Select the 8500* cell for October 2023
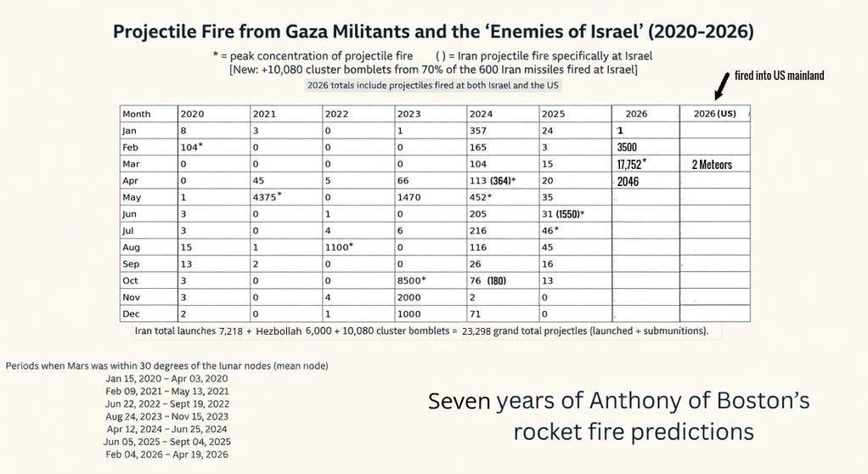(x=412, y=280)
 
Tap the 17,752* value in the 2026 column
(x=631, y=164)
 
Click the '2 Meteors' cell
(x=712, y=164)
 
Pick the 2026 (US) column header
(x=714, y=114)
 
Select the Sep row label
(x=130, y=263)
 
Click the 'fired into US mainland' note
(x=779, y=76)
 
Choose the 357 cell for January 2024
(x=482, y=131)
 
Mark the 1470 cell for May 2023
(x=409, y=196)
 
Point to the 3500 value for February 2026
(x=627, y=147)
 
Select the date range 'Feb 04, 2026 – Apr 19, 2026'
(x=166, y=454)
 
